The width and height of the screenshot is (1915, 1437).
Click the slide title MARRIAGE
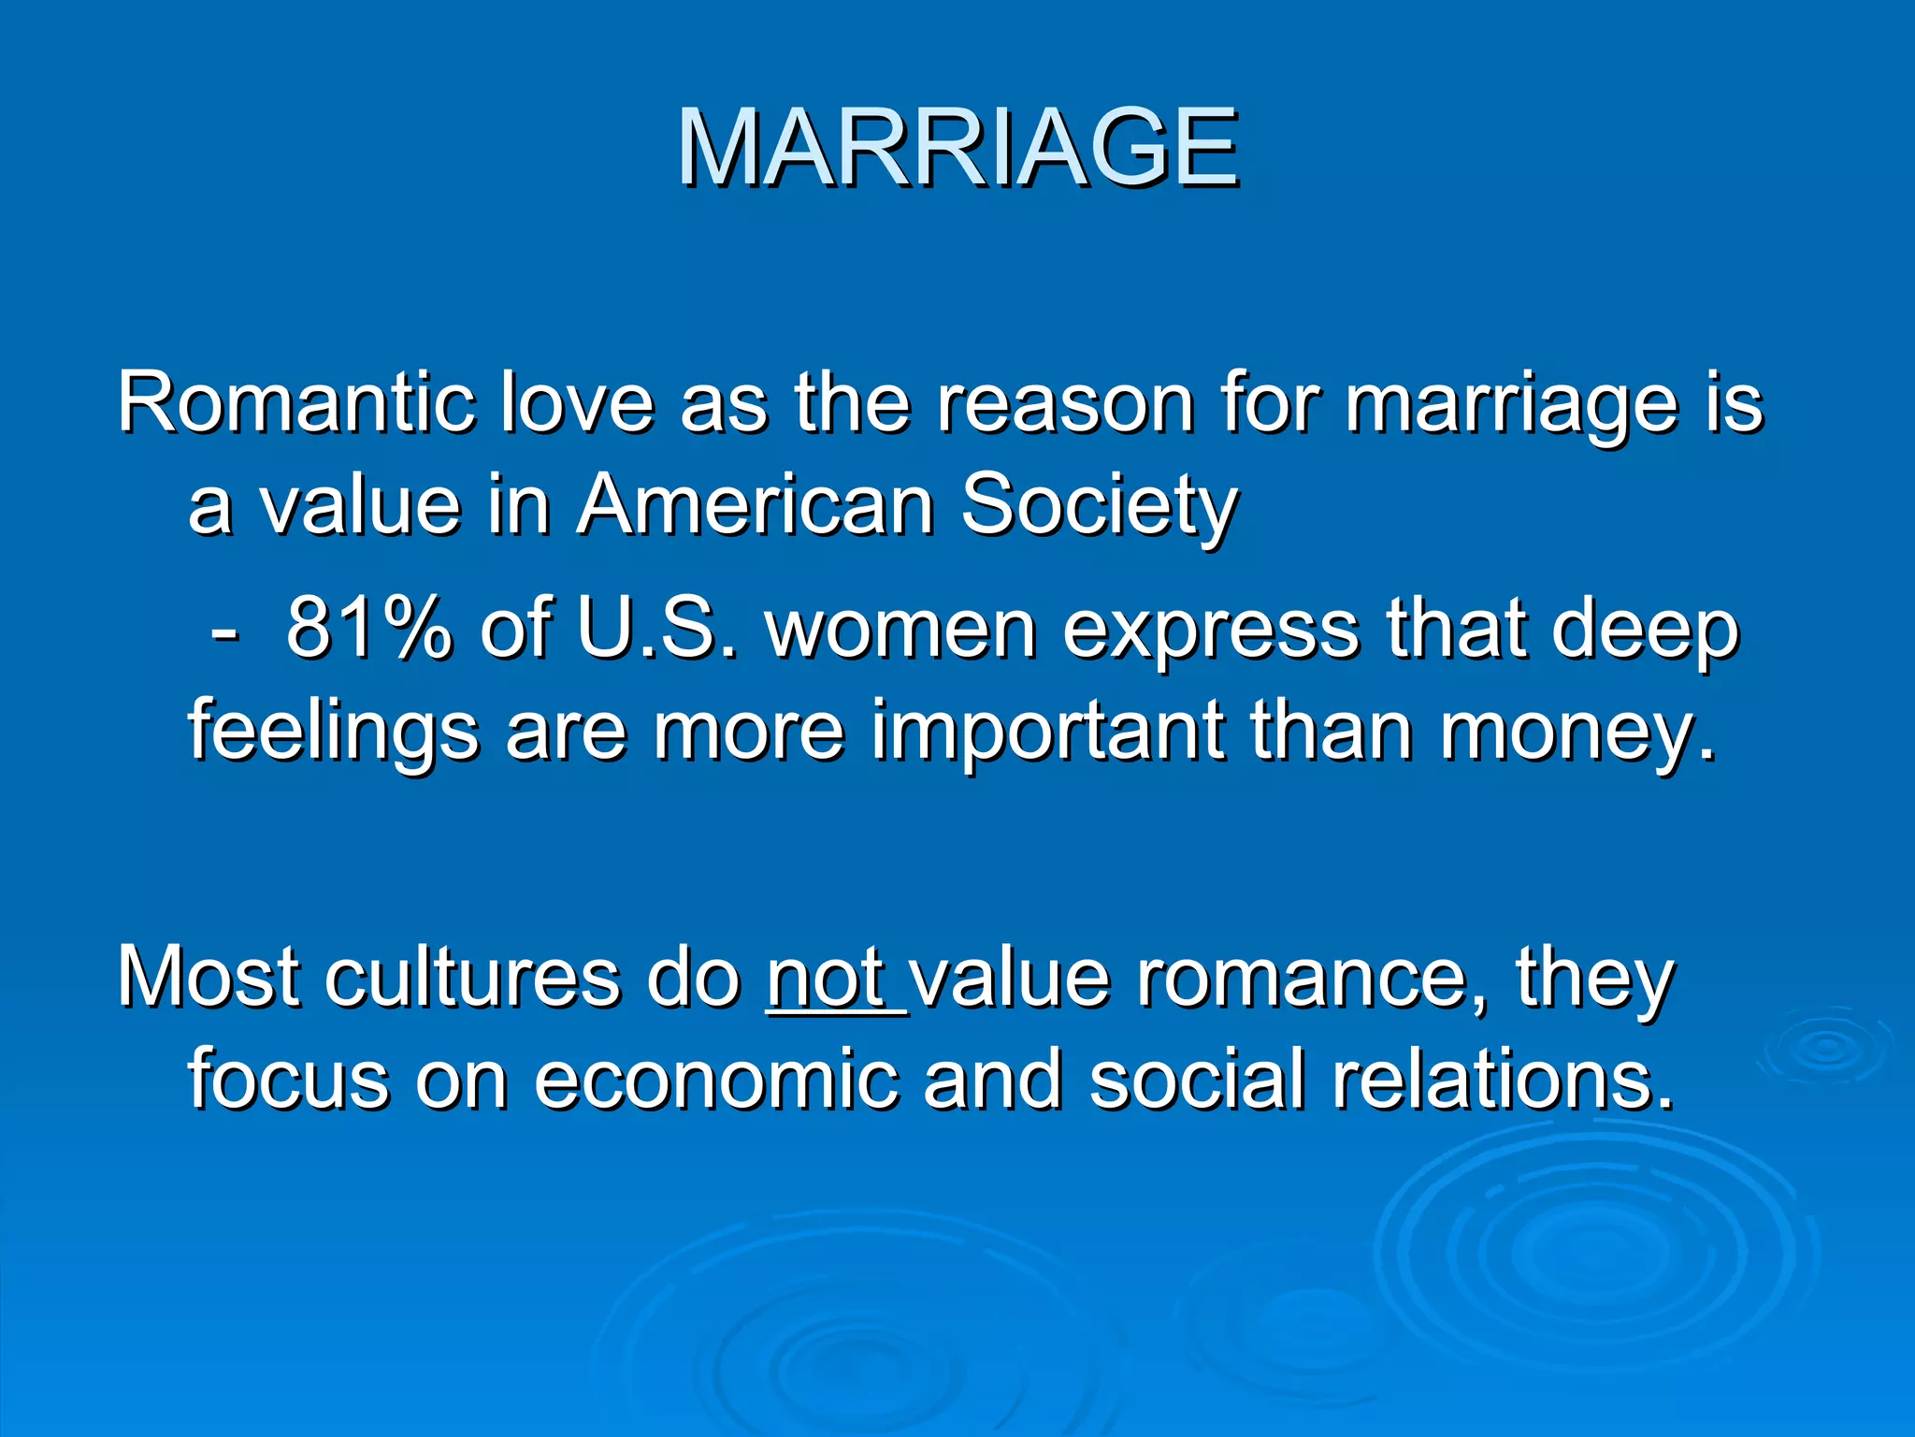pyautogui.click(x=957, y=148)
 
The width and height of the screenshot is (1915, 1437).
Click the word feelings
pyautogui.click(x=333, y=732)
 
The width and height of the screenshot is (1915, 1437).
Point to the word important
pyautogui.click(x=1047, y=732)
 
